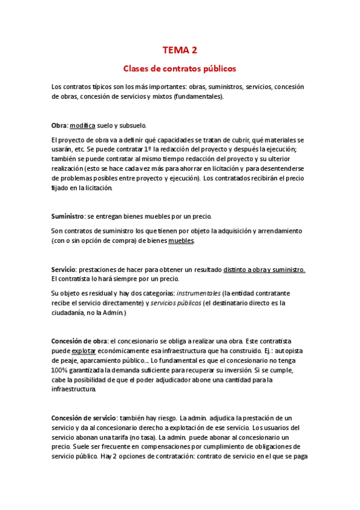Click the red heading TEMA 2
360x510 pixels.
click(x=180, y=51)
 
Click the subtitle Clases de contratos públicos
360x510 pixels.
click(x=180, y=69)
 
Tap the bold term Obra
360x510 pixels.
click(x=59, y=125)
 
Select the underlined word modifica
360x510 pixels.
click(x=82, y=125)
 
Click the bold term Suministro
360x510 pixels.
click(x=67, y=216)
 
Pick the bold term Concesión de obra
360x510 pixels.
click(x=79, y=341)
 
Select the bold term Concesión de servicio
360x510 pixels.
click(x=84, y=417)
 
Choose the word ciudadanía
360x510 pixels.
click(x=70, y=313)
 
